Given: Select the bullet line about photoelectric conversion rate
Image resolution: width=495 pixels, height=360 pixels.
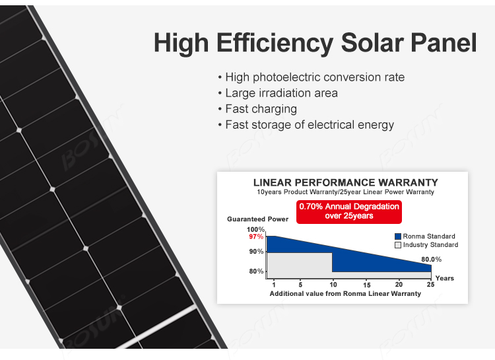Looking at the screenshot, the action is point(312,77).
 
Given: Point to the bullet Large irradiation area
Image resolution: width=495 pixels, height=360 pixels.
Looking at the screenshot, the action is point(278,93).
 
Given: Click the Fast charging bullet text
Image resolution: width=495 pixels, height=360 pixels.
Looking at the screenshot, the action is point(257,109).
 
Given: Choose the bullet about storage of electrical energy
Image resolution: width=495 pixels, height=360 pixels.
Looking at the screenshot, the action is point(306,125).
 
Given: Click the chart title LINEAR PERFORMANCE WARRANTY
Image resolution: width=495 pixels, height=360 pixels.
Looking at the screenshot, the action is point(346,182).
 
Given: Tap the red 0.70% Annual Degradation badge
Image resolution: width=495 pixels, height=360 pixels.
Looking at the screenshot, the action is point(349,212).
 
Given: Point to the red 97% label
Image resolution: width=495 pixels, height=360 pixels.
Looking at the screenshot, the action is point(256,236).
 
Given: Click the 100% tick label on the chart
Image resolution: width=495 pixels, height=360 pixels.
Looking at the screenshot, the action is point(255,229).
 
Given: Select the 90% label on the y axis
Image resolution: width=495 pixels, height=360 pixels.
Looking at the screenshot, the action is point(256,252).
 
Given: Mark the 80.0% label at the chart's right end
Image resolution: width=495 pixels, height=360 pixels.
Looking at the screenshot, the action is point(431,260).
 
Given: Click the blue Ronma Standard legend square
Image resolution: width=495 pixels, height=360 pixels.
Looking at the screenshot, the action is point(398,236).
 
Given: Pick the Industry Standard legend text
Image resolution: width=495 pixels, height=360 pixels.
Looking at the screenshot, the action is point(430,244).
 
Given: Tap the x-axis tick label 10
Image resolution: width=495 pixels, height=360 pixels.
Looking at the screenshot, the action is point(333,285).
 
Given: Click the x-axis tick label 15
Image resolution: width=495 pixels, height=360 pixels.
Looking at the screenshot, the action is point(366,285).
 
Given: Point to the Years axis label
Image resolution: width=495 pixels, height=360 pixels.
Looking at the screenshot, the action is point(444,278).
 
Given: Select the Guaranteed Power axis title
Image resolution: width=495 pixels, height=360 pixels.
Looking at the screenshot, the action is point(257,219).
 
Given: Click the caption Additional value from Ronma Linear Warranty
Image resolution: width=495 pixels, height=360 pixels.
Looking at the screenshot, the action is point(345,294).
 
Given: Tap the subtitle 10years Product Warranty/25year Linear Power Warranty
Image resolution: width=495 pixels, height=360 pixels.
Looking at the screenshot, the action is point(345,192).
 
